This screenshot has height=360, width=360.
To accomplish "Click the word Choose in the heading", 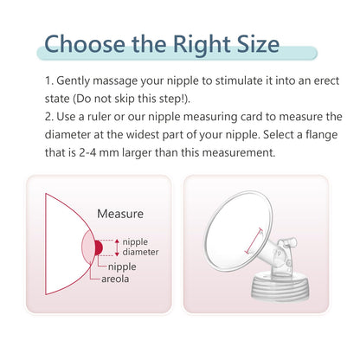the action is (85, 44).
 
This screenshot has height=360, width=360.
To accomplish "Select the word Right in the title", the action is (202, 46).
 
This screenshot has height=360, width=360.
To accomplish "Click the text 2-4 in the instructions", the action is (87, 152).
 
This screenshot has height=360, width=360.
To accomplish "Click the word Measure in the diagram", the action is (120, 214).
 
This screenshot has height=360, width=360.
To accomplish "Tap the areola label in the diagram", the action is (115, 279).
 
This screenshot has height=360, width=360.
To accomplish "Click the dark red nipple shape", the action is (98, 247).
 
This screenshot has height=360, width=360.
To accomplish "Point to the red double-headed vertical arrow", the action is (117, 247).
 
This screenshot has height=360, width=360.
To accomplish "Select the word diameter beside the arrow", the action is (140, 252).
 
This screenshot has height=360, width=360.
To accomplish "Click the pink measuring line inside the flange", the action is (254, 241).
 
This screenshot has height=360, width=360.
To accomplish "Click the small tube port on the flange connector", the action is (289, 242).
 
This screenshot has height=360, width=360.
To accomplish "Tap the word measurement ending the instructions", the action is (239, 152).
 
